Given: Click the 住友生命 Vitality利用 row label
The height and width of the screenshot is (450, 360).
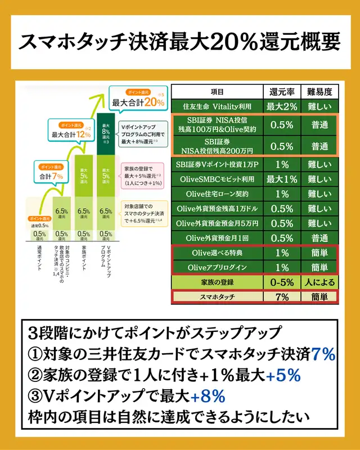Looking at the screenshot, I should coord(217,106).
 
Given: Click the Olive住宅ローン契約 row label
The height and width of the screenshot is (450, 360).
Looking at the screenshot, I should coord(217,194).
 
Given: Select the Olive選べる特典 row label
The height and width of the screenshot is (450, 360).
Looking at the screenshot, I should coord(217,253).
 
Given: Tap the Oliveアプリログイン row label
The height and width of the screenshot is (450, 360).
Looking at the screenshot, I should coord(217,267).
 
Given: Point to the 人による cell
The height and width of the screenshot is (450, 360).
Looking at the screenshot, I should coord(319,282).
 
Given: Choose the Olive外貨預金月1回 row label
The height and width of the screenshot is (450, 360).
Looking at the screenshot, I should coord(217,238).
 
